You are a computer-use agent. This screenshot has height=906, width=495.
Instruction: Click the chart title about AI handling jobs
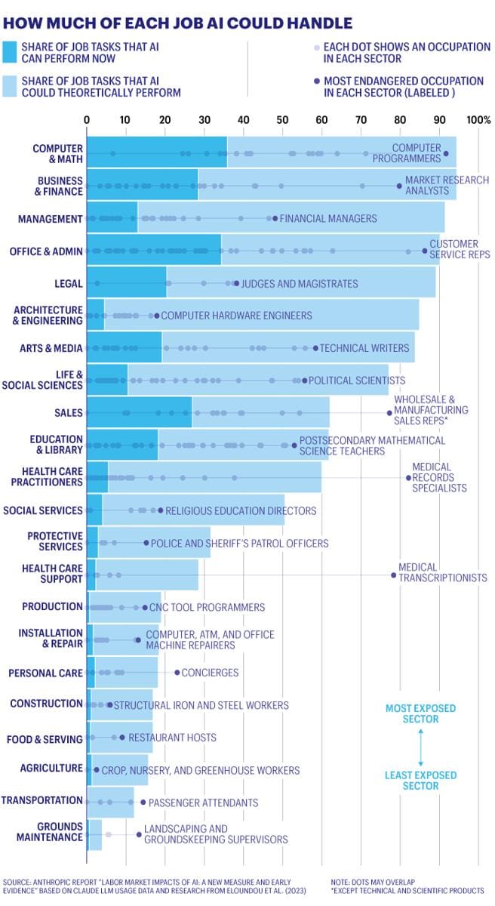177,23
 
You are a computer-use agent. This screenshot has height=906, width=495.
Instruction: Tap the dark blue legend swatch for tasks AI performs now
10,52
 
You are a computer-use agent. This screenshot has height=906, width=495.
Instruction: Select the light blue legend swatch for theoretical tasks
10,86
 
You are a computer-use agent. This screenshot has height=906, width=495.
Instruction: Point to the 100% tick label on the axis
478,120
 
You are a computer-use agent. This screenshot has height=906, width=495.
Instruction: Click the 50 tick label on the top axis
282,120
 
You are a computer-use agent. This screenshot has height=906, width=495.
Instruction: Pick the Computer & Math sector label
57,153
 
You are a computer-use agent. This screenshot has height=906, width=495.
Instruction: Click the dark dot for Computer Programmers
445,154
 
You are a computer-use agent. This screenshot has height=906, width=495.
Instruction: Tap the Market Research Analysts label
447,186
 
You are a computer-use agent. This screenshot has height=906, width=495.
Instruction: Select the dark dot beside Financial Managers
275,219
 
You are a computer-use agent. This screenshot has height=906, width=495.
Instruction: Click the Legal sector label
68,283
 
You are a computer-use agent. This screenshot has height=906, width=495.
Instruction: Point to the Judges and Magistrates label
299,284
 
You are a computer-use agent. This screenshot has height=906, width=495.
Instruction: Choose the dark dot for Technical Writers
315,348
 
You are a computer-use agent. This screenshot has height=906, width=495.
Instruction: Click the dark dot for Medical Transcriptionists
393,575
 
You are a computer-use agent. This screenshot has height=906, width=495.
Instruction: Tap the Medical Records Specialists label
439,477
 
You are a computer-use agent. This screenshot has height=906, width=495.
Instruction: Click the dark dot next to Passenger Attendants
143,802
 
